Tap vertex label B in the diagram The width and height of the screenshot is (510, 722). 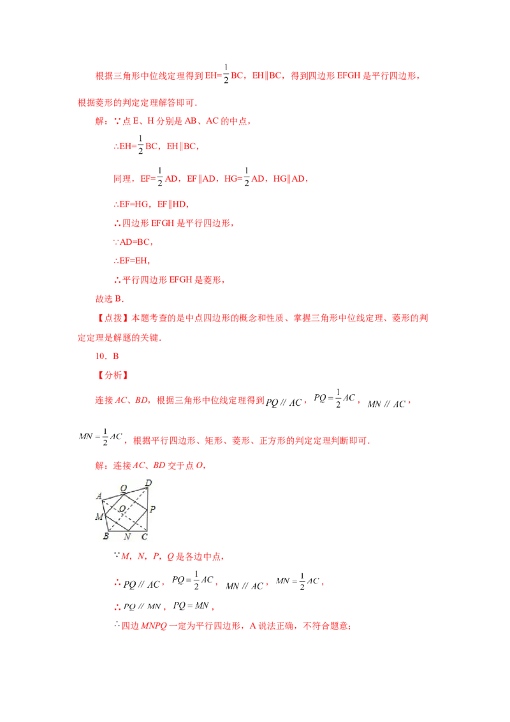[x=106, y=536]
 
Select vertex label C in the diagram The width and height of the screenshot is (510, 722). [x=145, y=536]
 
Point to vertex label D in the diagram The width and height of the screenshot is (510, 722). [x=149, y=482]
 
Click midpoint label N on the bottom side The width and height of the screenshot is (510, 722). [x=127, y=536]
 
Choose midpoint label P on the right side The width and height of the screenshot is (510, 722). [x=153, y=509]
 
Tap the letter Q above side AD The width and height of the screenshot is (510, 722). [x=123, y=487]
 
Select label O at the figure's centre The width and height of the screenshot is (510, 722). [x=122, y=508]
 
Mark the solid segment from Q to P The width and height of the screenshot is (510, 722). [x=136, y=501]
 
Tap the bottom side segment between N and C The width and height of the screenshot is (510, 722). [x=138, y=530]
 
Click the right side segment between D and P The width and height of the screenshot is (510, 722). [x=148, y=499]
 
